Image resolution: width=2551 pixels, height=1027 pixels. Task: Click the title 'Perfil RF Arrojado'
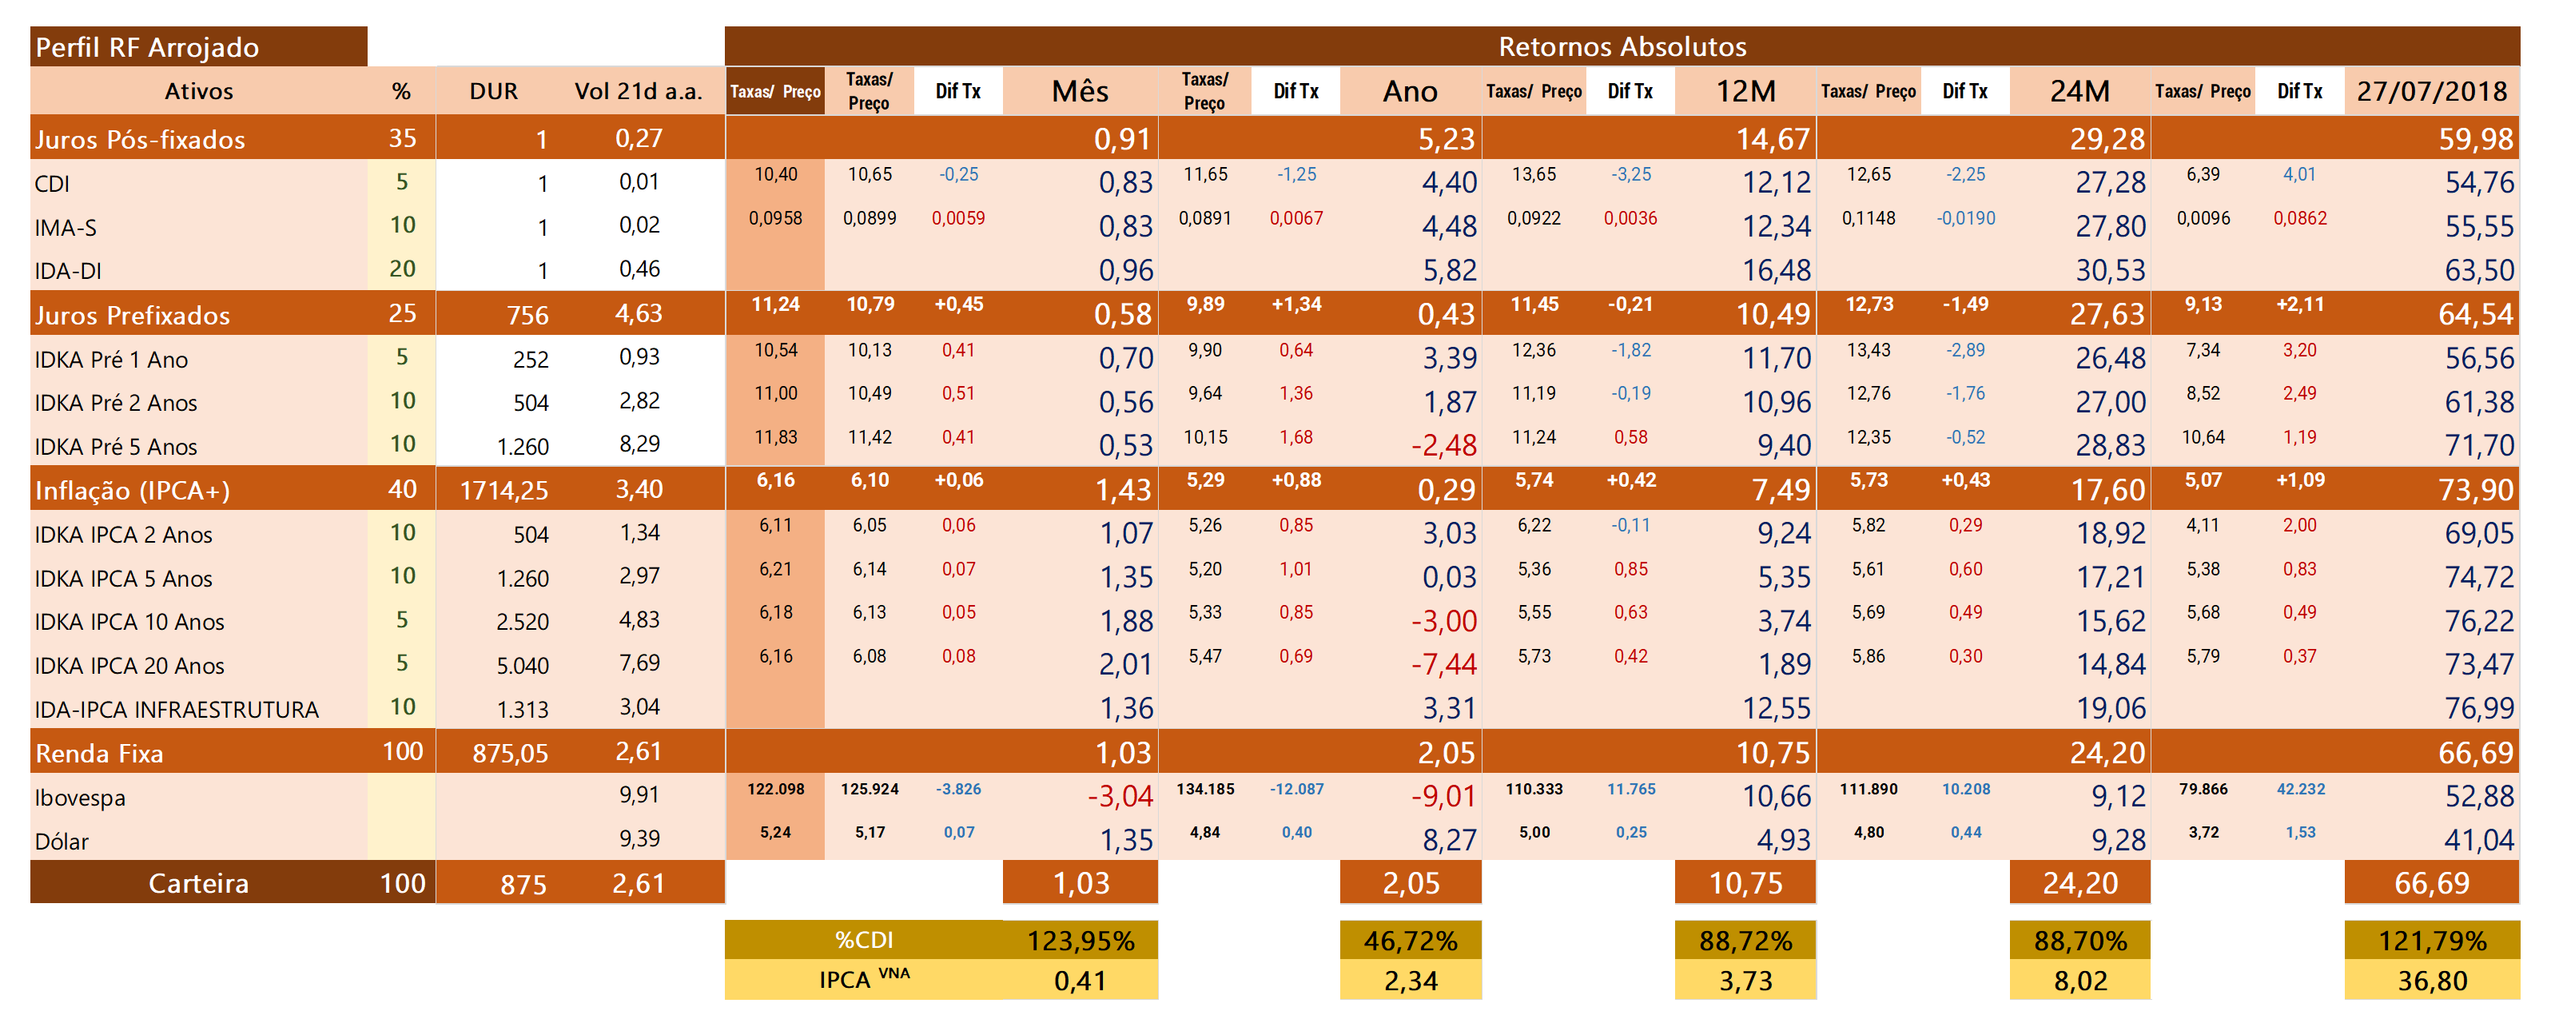coord(146,47)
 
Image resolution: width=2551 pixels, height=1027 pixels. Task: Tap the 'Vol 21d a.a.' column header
coord(638,91)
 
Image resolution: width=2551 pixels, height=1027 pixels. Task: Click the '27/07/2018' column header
coord(2431,91)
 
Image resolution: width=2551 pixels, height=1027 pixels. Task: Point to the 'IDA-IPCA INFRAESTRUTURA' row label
coord(177,709)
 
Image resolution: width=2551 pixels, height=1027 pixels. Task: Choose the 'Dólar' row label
coord(62,841)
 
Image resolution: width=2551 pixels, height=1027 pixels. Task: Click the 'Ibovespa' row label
coord(79,798)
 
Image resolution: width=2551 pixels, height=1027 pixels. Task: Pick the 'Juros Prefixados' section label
coord(132,315)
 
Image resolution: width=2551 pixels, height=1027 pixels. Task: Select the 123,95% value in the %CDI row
coord(1080,940)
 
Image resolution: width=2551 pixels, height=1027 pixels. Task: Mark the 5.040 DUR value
coord(522,666)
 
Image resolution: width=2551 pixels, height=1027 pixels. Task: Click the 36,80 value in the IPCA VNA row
coord(2431,981)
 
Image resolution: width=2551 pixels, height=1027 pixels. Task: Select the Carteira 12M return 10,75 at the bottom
coord(1745,882)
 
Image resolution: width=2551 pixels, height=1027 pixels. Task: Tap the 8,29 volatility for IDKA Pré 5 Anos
coord(639,444)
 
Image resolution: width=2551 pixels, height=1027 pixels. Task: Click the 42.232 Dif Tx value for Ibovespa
coord(2299,790)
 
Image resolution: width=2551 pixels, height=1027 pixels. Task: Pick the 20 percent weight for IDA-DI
coord(402,269)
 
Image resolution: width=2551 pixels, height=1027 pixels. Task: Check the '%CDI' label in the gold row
coord(864,940)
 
